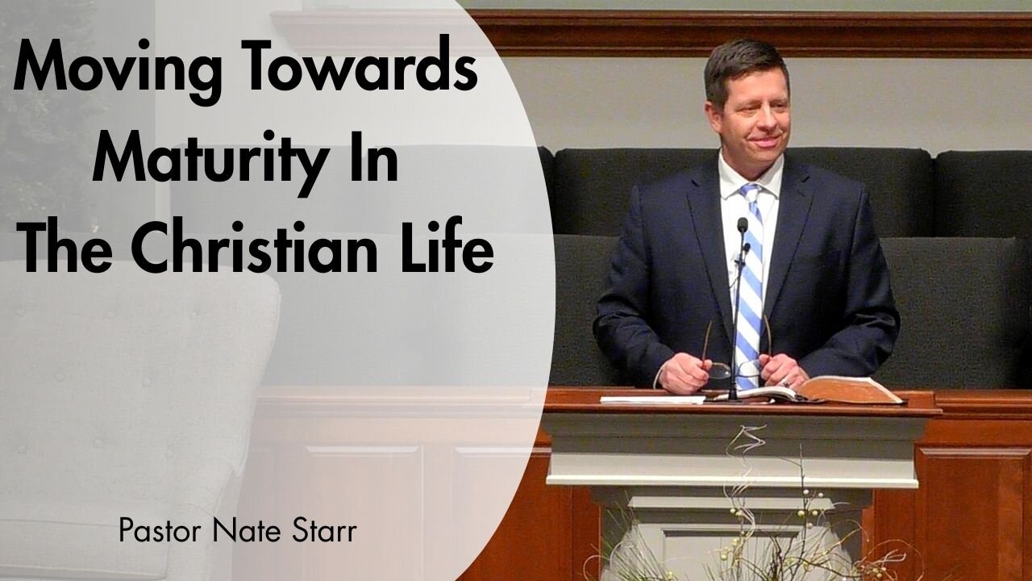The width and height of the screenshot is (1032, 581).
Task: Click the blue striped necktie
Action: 750,274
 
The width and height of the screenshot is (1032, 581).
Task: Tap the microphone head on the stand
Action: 742,225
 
